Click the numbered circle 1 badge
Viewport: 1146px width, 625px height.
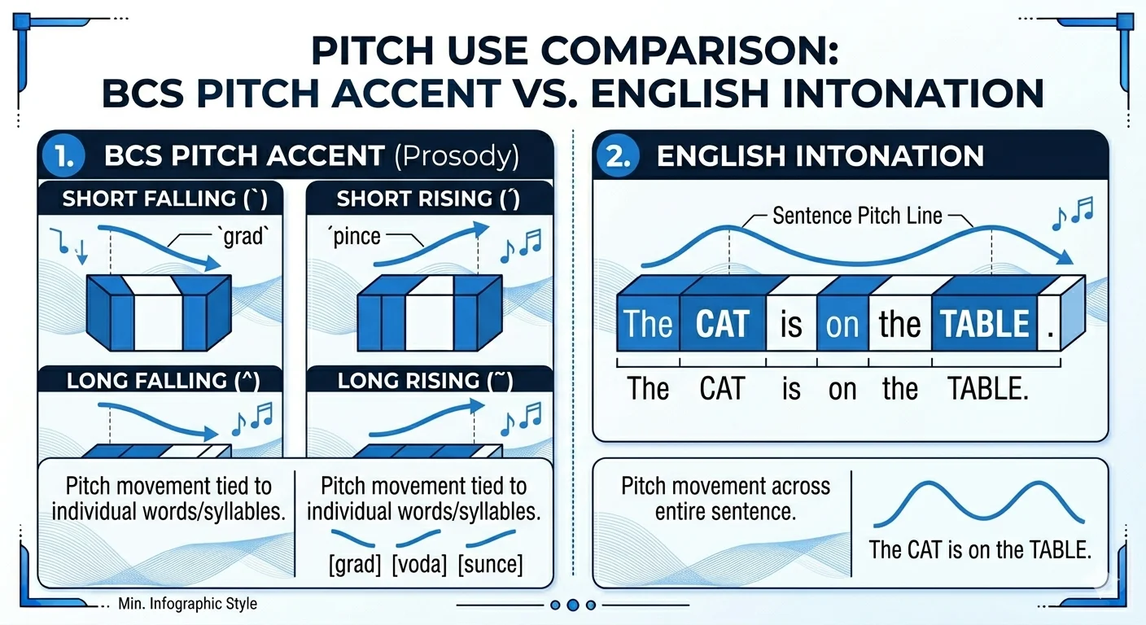pos(63,155)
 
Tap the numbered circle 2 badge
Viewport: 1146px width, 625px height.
pos(618,155)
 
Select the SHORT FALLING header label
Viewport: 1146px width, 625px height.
pos(164,199)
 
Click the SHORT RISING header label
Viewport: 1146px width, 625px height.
pos(428,199)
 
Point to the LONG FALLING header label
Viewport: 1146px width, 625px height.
pos(164,381)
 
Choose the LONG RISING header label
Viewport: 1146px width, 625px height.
pos(425,381)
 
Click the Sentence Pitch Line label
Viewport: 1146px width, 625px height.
pos(857,216)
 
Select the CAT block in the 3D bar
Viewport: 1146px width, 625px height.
pos(723,324)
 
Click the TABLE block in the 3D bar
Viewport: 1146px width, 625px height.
pos(985,324)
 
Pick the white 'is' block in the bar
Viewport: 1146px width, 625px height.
pos(791,324)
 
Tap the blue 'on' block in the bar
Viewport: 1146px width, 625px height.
pos(842,324)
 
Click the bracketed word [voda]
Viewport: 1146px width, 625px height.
pos(419,564)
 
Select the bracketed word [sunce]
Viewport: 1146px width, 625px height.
pos(490,564)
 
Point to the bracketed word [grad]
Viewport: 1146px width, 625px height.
pos(355,564)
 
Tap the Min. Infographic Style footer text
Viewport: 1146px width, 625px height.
pos(187,604)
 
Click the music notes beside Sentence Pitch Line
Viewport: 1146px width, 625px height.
pos(1072,213)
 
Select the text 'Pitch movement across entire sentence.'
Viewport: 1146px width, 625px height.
pos(725,498)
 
